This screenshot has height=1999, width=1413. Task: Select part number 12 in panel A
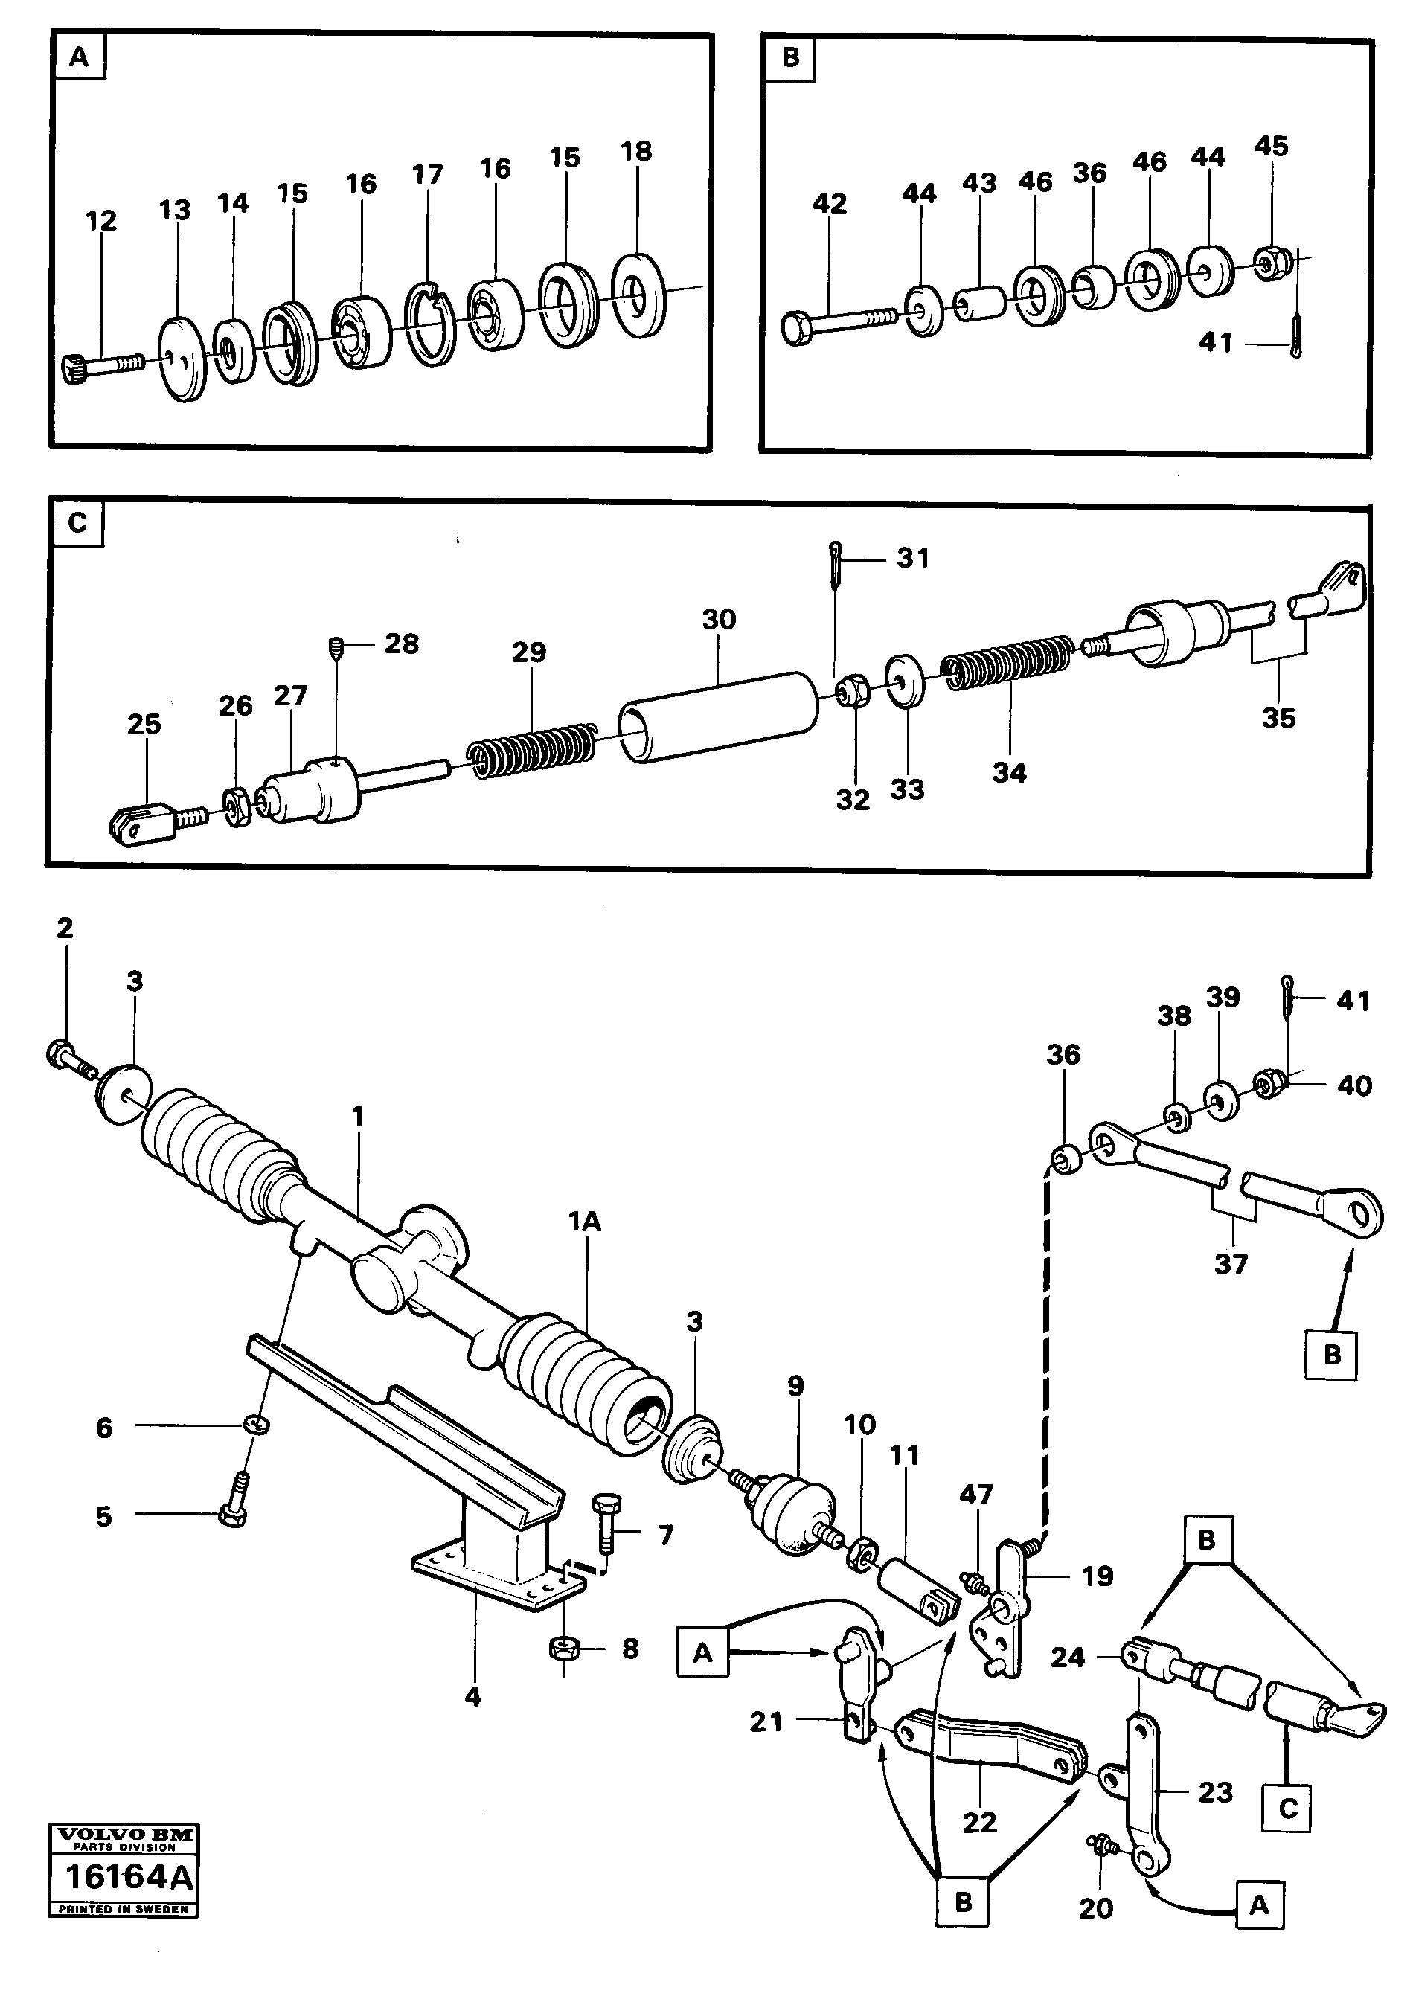click(101, 221)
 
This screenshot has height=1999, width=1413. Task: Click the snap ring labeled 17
click(430, 321)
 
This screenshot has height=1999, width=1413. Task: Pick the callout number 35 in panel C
click(1278, 718)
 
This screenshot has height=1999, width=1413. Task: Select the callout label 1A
click(585, 1222)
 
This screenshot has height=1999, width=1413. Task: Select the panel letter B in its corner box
click(790, 57)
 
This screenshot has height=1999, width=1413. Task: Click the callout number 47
click(976, 1494)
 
